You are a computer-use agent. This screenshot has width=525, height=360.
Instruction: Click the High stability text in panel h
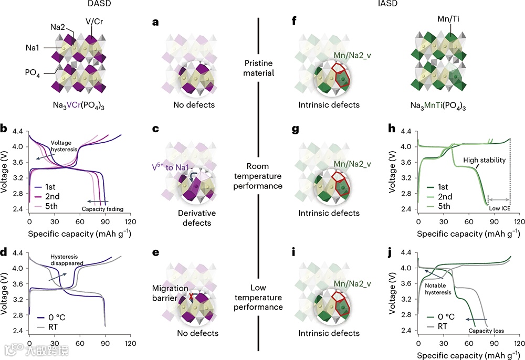(x=484, y=160)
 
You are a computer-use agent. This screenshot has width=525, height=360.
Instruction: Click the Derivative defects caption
(x=193, y=218)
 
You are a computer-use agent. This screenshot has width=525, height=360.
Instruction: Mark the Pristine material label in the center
(x=259, y=68)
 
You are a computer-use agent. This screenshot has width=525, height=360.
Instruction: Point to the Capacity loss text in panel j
(x=486, y=331)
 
